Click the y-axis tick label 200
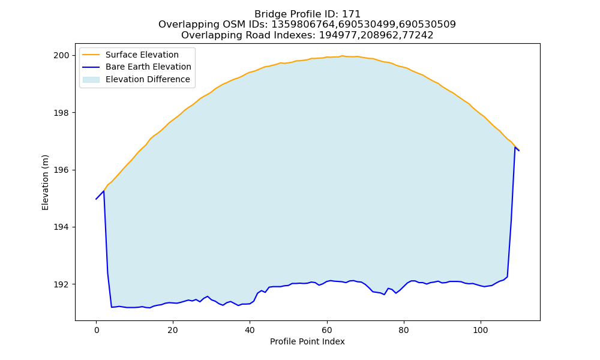[x=61, y=55]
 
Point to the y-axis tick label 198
[x=61, y=113]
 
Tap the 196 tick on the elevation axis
[x=61, y=170]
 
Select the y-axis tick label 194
[x=61, y=227]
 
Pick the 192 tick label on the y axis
[x=61, y=284]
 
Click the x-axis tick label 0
[x=96, y=330]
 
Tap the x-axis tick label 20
[x=173, y=330]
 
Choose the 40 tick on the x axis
[x=250, y=330]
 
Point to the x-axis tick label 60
[x=327, y=330]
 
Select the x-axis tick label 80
[x=404, y=330]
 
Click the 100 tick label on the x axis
[x=481, y=330]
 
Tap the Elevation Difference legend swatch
[x=91, y=80]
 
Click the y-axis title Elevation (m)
[x=45, y=182]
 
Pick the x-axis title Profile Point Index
[x=307, y=341]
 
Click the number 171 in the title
[x=352, y=14]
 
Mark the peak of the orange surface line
[x=342, y=56]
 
